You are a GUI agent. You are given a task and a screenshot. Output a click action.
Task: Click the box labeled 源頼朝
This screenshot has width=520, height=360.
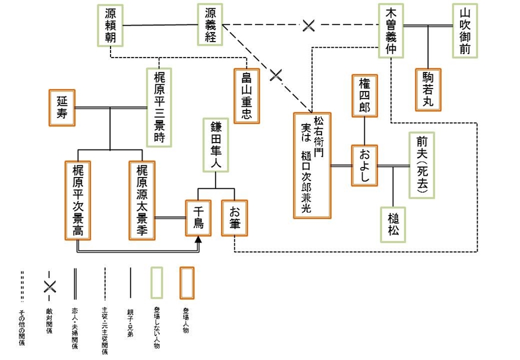click(x=111, y=25)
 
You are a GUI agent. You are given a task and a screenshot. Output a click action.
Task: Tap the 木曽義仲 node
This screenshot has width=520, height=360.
click(x=391, y=31)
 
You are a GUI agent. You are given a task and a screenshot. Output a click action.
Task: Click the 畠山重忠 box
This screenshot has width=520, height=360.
click(x=247, y=94)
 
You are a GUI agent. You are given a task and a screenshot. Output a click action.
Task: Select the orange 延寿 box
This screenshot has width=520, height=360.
click(x=62, y=108)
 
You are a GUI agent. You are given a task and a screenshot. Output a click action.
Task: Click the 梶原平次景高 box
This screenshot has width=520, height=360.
click(x=78, y=200)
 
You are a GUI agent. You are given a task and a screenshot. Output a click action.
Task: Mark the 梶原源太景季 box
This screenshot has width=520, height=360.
click(x=141, y=200)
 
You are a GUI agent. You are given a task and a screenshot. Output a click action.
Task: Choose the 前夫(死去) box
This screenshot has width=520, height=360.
click(x=422, y=165)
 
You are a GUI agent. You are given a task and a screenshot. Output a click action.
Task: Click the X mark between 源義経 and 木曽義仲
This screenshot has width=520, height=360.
click(x=308, y=25)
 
